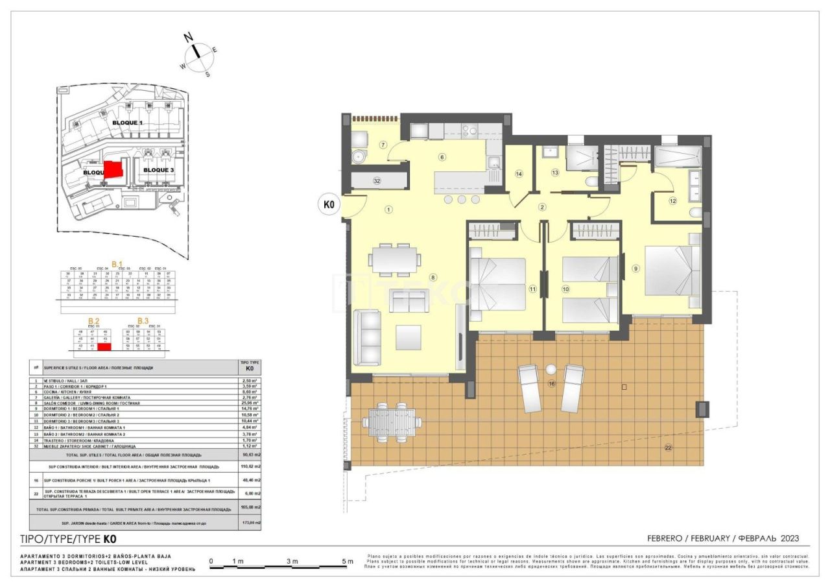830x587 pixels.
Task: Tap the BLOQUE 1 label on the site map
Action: (127, 123)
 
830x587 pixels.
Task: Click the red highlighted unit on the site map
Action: (113, 170)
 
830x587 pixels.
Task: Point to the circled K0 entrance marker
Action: (329, 205)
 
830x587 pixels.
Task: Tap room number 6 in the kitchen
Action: (442, 156)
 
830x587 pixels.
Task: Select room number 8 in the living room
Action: (433, 278)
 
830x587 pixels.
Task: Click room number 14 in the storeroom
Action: (519, 173)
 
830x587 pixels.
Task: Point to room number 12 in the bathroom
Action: (672, 201)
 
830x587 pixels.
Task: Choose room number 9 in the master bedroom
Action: (636, 269)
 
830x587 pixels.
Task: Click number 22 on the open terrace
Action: (668, 447)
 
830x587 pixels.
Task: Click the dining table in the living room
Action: (394, 259)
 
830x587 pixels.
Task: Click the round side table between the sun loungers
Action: (551, 370)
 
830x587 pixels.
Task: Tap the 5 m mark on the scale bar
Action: (348, 561)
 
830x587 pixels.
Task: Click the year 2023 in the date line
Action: (786, 538)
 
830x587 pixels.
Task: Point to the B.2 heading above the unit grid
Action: (94, 320)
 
